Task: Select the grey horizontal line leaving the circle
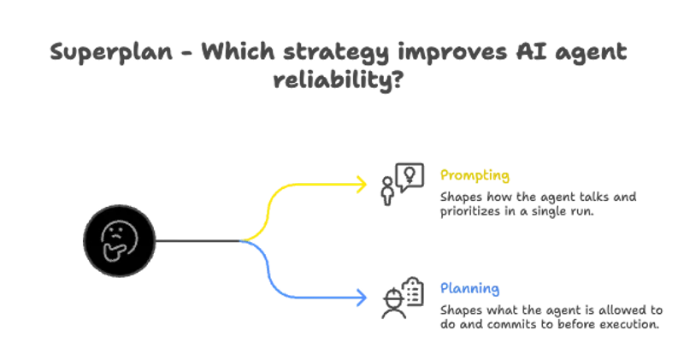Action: pos(197,242)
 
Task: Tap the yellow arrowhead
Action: pos(363,183)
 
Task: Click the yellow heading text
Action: pos(475,176)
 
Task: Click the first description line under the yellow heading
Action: pos(539,197)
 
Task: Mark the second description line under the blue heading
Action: pos(548,324)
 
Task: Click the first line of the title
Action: pos(339,50)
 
